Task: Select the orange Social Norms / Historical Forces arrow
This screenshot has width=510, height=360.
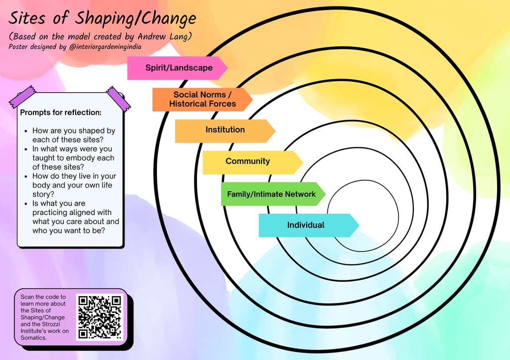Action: point(202,100)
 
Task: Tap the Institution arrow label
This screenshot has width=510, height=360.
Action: point(225,130)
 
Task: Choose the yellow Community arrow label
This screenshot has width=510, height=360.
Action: point(248,161)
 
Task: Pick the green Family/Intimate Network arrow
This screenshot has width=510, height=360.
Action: point(271,194)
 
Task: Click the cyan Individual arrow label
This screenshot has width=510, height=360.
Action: point(306,225)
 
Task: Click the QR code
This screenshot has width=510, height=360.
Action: point(100,317)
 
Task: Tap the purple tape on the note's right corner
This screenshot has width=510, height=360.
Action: point(118,97)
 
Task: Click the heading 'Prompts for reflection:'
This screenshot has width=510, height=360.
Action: point(61,113)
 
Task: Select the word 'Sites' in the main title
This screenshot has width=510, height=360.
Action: point(28,19)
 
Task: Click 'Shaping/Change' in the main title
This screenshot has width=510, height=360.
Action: point(135,19)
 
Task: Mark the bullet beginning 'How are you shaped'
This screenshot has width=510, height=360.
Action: point(74,135)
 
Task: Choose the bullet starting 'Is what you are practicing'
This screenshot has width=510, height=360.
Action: point(76,217)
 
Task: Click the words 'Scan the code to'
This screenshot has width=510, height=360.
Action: point(43,297)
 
